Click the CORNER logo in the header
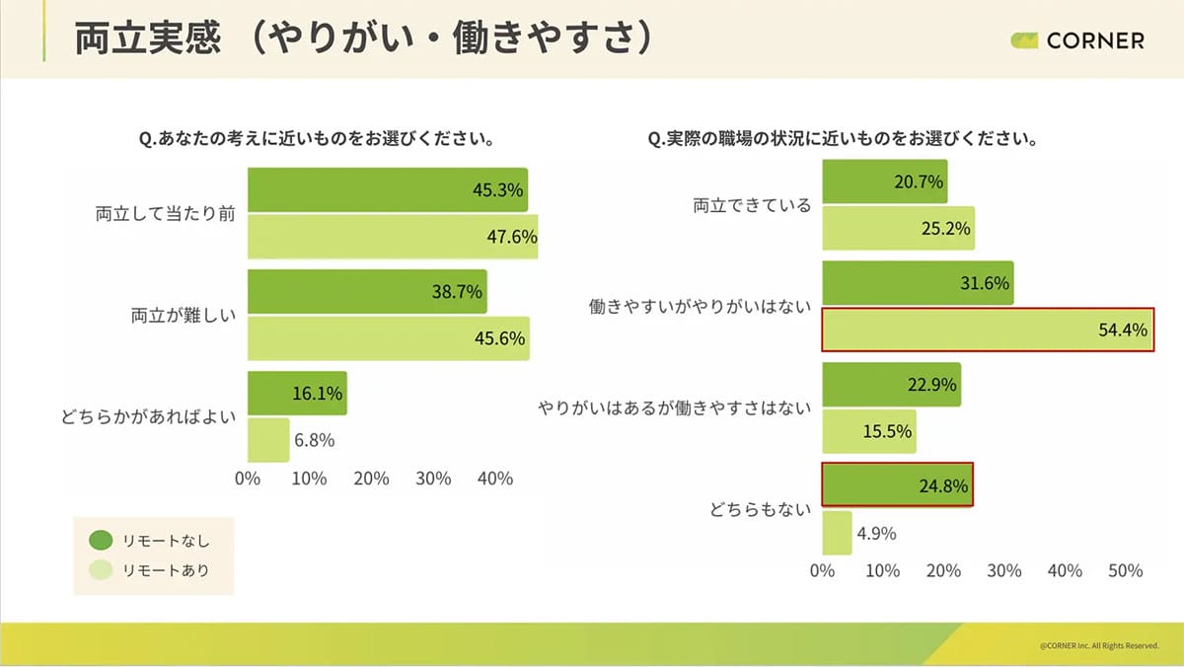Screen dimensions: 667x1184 click(x=1077, y=40)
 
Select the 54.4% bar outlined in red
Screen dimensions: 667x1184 click(x=987, y=331)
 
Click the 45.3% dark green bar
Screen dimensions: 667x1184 click(x=387, y=189)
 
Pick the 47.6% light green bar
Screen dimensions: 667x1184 click(x=392, y=237)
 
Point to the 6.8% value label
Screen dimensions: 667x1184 click(x=316, y=440)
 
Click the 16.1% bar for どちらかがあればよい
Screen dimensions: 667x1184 click(x=296, y=394)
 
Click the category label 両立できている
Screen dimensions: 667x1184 click(x=752, y=205)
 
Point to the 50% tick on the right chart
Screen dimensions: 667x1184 click(x=1126, y=571)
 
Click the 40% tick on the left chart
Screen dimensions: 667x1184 click(x=495, y=479)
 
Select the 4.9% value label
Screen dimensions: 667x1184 click(x=876, y=534)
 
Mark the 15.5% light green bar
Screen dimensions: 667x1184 click(x=868, y=431)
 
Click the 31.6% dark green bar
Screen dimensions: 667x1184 click(x=917, y=283)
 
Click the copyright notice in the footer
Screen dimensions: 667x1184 click(x=1098, y=645)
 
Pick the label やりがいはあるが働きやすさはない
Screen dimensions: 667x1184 click(x=674, y=408)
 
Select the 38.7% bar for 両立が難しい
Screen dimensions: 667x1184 click(x=366, y=291)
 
